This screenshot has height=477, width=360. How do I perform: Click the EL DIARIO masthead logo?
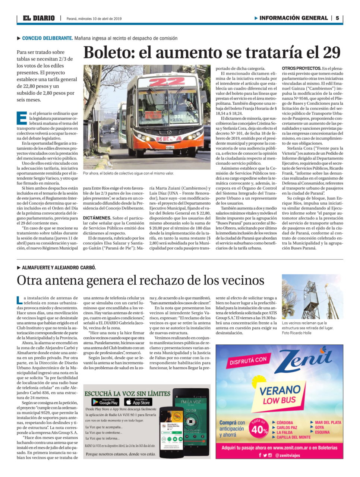(38, 18)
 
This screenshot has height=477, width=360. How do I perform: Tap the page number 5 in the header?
(337, 18)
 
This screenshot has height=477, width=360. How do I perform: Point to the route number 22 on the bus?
(167, 82)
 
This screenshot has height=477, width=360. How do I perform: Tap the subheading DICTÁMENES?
(97, 217)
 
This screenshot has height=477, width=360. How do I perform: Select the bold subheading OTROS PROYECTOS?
(301, 68)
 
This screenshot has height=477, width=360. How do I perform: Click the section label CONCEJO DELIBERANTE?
(47, 38)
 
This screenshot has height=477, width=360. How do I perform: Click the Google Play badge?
(105, 402)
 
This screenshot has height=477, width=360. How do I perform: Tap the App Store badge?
(138, 402)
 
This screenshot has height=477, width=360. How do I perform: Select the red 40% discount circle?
(259, 429)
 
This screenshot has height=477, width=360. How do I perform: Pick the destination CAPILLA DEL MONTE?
(293, 437)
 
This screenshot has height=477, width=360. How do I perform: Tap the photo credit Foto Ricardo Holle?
(297, 333)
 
